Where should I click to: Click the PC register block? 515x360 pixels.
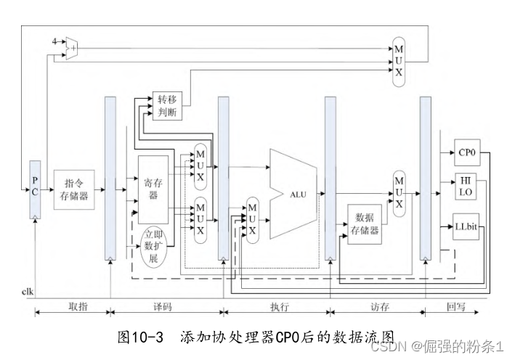[35, 189]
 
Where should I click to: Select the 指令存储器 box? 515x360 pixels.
[75, 190]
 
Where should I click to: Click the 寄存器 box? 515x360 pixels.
[153, 189]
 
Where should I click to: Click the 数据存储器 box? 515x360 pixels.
[364, 224]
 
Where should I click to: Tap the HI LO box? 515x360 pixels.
[466, 186]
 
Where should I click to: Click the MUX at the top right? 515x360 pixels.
[398, 61]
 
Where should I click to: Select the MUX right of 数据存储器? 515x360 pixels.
[398, 192]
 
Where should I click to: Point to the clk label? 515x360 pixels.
[28, 292]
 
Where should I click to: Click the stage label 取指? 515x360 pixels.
[77, 307]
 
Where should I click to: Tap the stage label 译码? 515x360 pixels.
[163, 307]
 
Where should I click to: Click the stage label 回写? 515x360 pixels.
[456, 307]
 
